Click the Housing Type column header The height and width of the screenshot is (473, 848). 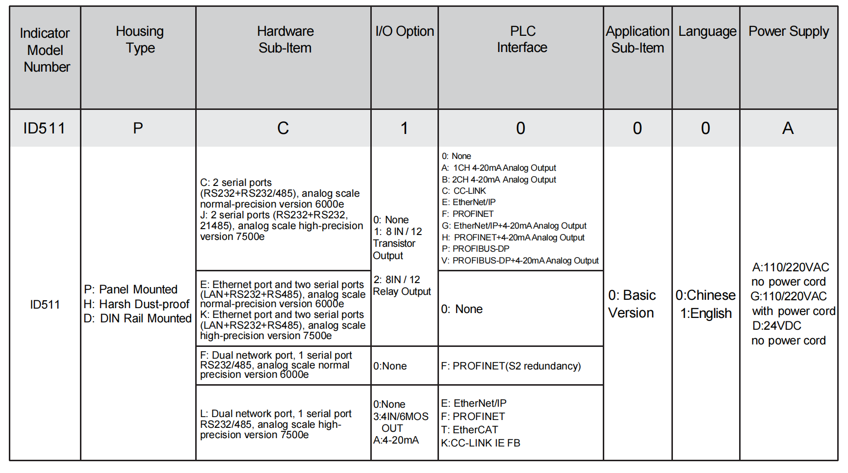coord(140,40)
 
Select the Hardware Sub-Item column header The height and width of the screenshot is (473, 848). coord(285,40)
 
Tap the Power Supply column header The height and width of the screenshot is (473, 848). coord(788,31)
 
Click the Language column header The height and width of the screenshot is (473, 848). coord(707,31)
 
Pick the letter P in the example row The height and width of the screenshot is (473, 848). coord(138,129)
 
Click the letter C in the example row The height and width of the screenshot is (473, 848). coord(283,129)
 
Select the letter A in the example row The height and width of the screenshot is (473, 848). coord(788,129)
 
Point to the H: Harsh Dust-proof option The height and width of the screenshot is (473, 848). coord(136,304)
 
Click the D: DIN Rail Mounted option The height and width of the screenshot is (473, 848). coord(137,318)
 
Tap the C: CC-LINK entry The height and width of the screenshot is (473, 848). coord(463,191)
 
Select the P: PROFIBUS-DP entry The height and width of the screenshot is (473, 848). coord(475,249)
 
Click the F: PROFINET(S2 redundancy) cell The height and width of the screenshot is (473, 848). coord(511,366)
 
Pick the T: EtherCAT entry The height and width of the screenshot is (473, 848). coord(469,430)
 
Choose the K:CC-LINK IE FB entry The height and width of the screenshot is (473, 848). coord(480,443)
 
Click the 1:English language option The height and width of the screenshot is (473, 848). coord(706,314)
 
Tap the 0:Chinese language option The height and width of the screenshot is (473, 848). coord(705,295)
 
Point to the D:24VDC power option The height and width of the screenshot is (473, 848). coord(776,326)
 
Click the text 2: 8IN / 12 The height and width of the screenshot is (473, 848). coord(396,280)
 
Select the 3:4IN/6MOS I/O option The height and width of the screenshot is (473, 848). coord(400,417)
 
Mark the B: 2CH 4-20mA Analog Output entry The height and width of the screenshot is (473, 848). coord(498,180)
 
